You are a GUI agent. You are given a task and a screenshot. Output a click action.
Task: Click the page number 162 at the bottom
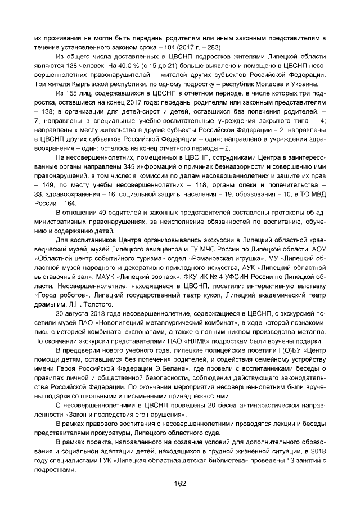coord(180,483)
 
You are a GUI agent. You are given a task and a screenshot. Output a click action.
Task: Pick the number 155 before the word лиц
coord(74,93)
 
